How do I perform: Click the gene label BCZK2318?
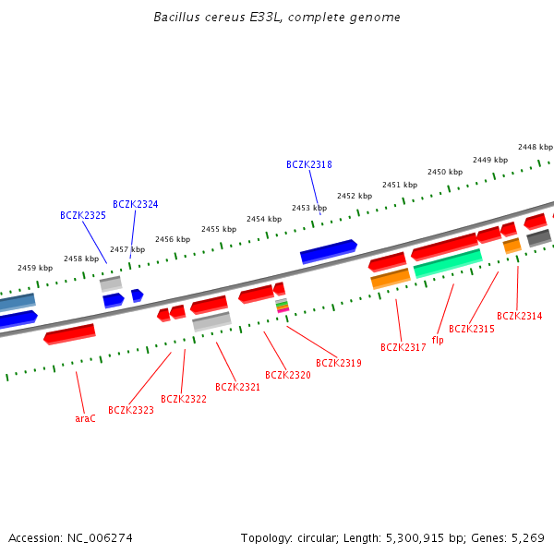(x=308, y=164)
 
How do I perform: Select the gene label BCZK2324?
(x=135, y=204)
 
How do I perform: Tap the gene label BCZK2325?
(x=82, y=215)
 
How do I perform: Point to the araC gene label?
(x=85, y=418)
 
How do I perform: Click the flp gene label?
(x=438, y=340)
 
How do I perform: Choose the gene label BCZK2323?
(x=130, y=410)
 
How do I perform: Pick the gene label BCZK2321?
(x=237, y=387)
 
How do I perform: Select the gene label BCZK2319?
(x=338, y=363)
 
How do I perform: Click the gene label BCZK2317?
(x=403, y=347)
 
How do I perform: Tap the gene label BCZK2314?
(x=519, y=316)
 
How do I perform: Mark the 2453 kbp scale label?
(x=309, y=208)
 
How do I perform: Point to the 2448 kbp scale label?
(x=535, y=147)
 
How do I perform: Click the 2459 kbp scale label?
(x=35, y=268)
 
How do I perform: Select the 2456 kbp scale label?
(x=173, y=239)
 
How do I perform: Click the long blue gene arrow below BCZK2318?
(x=328, y=251)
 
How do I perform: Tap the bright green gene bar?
(x=448, y=263)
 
